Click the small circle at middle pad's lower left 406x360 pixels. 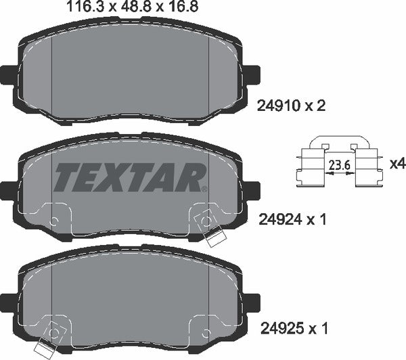coord(55,221)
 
